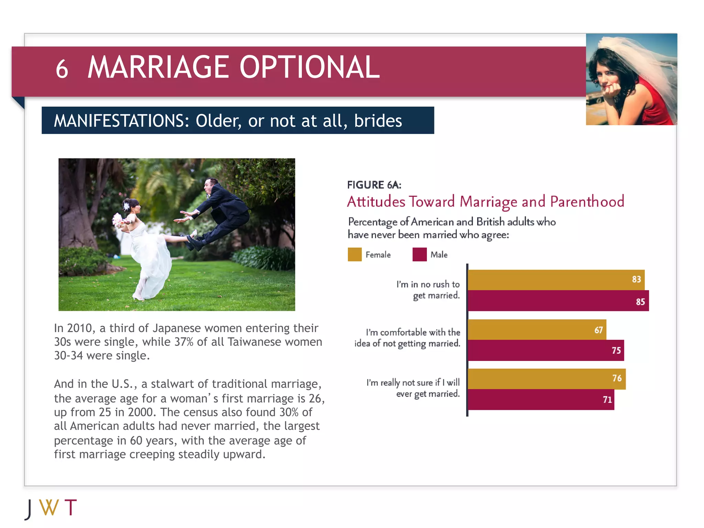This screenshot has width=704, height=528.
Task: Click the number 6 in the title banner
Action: (62, 69)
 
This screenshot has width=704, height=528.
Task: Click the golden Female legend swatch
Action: (354, 254)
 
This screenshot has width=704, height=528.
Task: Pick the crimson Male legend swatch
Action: (419, 254)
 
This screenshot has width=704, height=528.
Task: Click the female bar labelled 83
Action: (556, 280)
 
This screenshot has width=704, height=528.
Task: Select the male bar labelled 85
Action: (558, 301)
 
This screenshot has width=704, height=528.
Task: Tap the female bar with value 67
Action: (537, 330)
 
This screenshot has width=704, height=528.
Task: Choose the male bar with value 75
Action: (546, 350)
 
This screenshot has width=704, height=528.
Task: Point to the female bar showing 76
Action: (547, 379)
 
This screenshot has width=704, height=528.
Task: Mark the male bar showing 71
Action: (541, 399)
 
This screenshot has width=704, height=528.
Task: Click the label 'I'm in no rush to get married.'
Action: (428, 290)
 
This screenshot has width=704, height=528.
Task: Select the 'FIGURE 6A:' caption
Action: (374, 185)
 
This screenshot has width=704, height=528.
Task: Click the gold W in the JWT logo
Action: (49, 507)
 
